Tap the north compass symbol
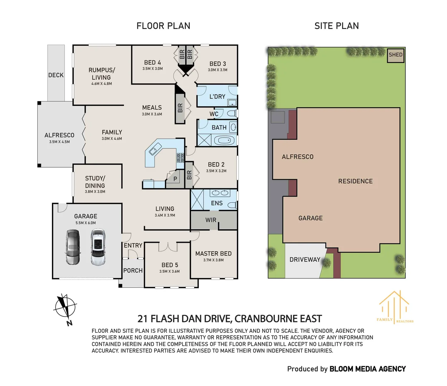(65, 307)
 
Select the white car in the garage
(98, 247)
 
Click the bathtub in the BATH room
(224, 140)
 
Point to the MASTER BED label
(213, 253)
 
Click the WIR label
(211, 220)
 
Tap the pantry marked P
(175, 179)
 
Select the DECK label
(56, 75)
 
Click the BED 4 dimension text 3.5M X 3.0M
(152, 69)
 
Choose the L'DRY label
(217, 96)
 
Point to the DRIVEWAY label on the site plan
(305, 259)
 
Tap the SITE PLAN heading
(336, 26)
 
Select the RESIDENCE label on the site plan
(355, 181)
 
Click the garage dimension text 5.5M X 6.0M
(86, 223)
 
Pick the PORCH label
(133, 271)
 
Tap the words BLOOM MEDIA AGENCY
(368, 369)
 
